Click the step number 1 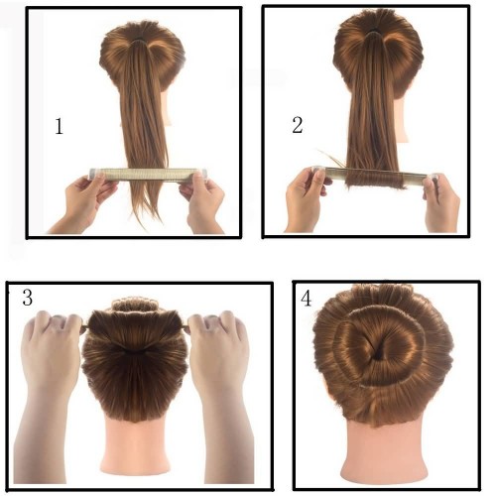click(59, 126)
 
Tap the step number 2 click(298, 125)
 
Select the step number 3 click(28, 297)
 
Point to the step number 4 click(306, 299)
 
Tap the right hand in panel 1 click(202, 202)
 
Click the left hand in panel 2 click(306, 198)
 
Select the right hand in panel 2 click(441, 202)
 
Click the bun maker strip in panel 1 click(148, 175)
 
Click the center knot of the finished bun click(378, 351)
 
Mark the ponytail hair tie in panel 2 click(375, 32)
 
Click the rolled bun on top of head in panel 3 click(135, 305)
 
